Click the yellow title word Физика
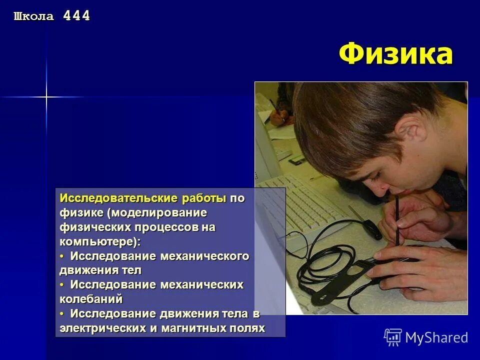point(395,54)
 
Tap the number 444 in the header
point(76,16)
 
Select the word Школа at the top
point(33,16)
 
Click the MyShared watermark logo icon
point(392,337)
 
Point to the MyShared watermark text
point(436,337)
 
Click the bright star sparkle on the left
point(46,96)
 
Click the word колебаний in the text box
point(91,299)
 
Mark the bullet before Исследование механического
point(62,256)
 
